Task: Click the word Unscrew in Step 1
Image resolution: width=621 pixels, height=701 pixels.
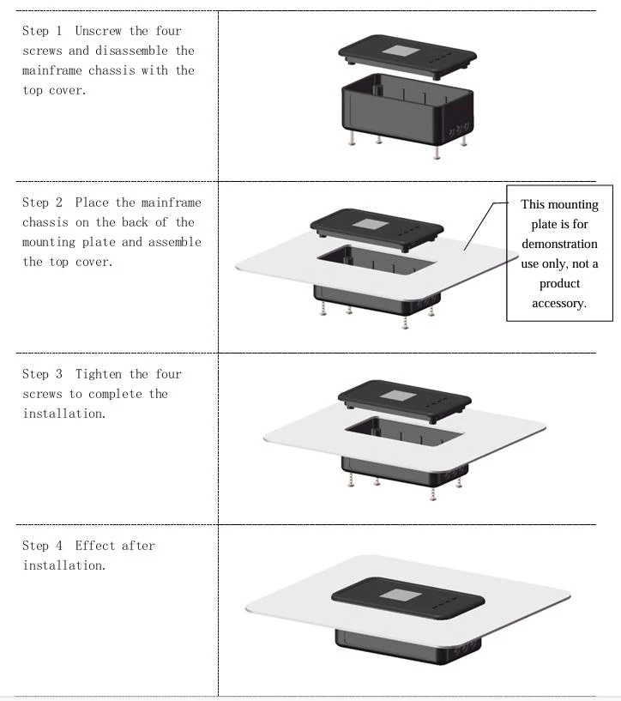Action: [x=98, y=31]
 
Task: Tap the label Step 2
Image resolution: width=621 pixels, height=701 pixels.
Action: [x=42, y=202]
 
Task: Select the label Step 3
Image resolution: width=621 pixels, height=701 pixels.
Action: [x=42, y=374]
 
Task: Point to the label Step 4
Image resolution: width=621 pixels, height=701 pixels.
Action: [x=42, y=546]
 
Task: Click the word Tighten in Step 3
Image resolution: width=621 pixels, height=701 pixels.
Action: [x=98, y=374]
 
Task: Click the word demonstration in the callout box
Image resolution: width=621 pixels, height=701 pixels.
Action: [x=559, y=244]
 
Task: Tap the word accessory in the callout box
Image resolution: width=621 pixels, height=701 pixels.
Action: [x=559, y=304]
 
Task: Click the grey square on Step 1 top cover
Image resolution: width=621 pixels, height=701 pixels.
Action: [x=401, y=51]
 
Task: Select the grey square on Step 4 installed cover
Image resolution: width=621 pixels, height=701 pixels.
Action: [x=401, y=595]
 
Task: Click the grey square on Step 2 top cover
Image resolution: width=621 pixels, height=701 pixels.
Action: [x=371, y=223]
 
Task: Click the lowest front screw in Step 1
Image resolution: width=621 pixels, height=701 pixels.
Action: [x=437, y=152]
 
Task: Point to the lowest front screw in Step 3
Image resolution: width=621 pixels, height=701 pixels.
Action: [x=432, y=493]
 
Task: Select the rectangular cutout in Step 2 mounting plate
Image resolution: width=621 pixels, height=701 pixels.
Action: [x=377, y=259]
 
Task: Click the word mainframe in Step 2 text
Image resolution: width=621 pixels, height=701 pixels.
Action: [x=171, y=202]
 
